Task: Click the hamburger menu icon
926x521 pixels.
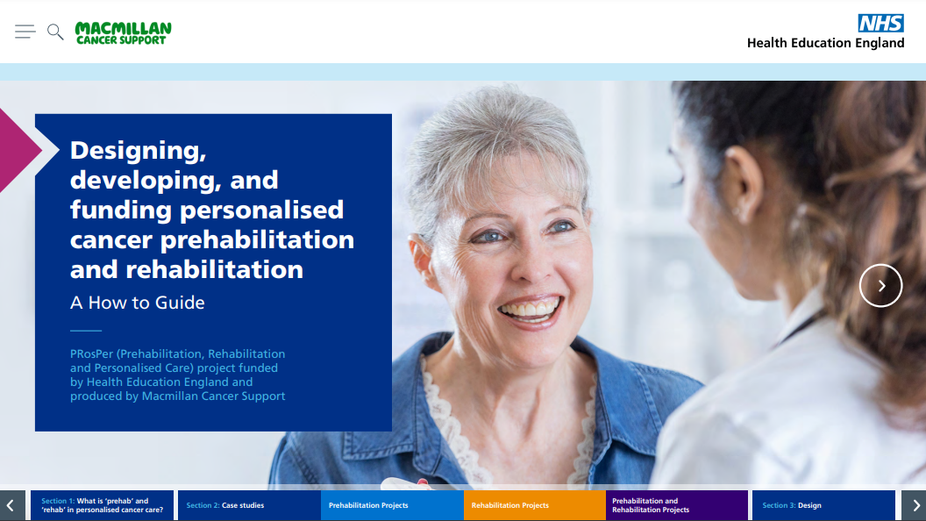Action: click(x=25, y=32)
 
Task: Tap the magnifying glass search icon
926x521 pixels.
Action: click(x=55, y=32)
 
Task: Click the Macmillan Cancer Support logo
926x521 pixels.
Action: click(x=123, y=33)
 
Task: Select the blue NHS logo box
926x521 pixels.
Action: click(x=880, y=23)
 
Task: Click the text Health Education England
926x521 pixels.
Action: click(x=826, y=43)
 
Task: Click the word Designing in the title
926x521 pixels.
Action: click(x=139, y=151)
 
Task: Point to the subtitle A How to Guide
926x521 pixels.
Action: click(x=138, y=303)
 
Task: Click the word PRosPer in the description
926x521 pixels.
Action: click(x=91, y=353)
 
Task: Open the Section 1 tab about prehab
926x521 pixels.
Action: click(x=103, y=505)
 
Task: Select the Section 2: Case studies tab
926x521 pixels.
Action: click(x=249, y=505)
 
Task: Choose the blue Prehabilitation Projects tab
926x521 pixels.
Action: click(x=392, y=505)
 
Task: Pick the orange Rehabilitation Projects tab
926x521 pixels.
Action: click(x=534, y=505)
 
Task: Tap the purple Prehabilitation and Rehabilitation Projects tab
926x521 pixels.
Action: click(x=677, y=505)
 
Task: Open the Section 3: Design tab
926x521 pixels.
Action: click(x=823, y=505)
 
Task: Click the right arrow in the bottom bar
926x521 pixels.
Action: click(x=914, y=505)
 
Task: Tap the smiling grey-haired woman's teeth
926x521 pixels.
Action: click(x=530, y=309)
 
